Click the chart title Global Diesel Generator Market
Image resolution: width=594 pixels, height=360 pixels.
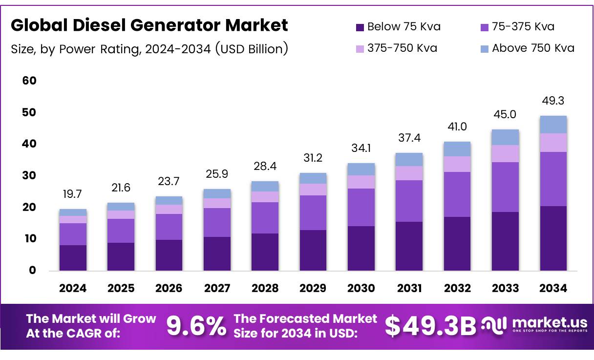149,25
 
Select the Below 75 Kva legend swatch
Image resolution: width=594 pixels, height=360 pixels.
361,27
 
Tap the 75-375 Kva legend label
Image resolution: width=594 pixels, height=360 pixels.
523,26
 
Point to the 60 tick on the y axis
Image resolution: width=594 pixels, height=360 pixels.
29,81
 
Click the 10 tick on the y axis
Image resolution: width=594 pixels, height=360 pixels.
29,239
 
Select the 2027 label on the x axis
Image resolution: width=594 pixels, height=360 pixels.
217,289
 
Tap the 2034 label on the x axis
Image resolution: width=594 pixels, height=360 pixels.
553,289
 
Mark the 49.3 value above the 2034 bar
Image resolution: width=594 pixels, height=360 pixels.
553,101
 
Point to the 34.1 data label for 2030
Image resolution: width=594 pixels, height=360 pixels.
361,148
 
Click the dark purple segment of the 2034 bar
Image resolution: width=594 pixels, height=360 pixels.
553,238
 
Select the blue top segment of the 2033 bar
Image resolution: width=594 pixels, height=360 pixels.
505,137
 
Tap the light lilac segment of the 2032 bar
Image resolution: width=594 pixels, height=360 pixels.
457,164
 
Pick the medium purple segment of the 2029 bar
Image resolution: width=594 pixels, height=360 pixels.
313,212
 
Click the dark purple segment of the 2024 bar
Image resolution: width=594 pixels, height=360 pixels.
73,258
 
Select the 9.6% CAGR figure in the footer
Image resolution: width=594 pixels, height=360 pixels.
196,326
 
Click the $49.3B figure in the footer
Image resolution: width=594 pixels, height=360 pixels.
430,326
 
